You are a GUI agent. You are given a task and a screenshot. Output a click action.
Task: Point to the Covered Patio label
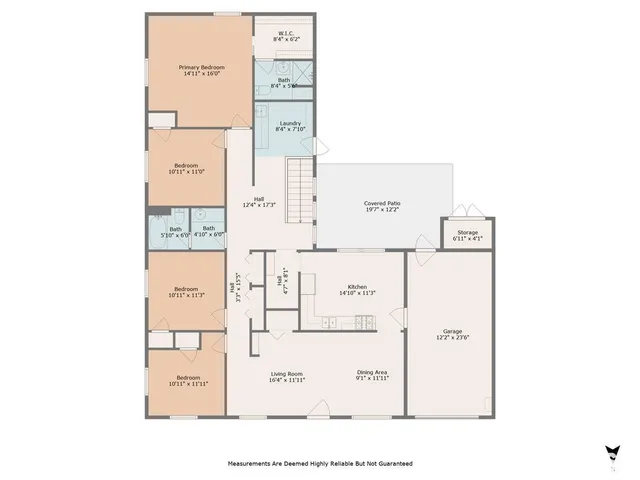(382, 206)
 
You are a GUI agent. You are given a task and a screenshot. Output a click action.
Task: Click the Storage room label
(467, 235)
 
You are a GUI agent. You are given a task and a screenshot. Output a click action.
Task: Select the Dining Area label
(372, 376)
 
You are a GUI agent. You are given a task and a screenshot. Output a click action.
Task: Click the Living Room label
(286, 376)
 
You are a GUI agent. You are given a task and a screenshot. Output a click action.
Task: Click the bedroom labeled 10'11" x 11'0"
(188, 168)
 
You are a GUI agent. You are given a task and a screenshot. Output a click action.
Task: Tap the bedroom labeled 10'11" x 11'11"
(187, 380)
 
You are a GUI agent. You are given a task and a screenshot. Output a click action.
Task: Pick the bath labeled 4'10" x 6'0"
(208, 231)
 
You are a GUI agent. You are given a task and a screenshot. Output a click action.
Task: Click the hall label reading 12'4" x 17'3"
(259, 202)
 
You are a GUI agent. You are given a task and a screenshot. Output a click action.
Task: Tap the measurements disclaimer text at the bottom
(319, 464)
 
